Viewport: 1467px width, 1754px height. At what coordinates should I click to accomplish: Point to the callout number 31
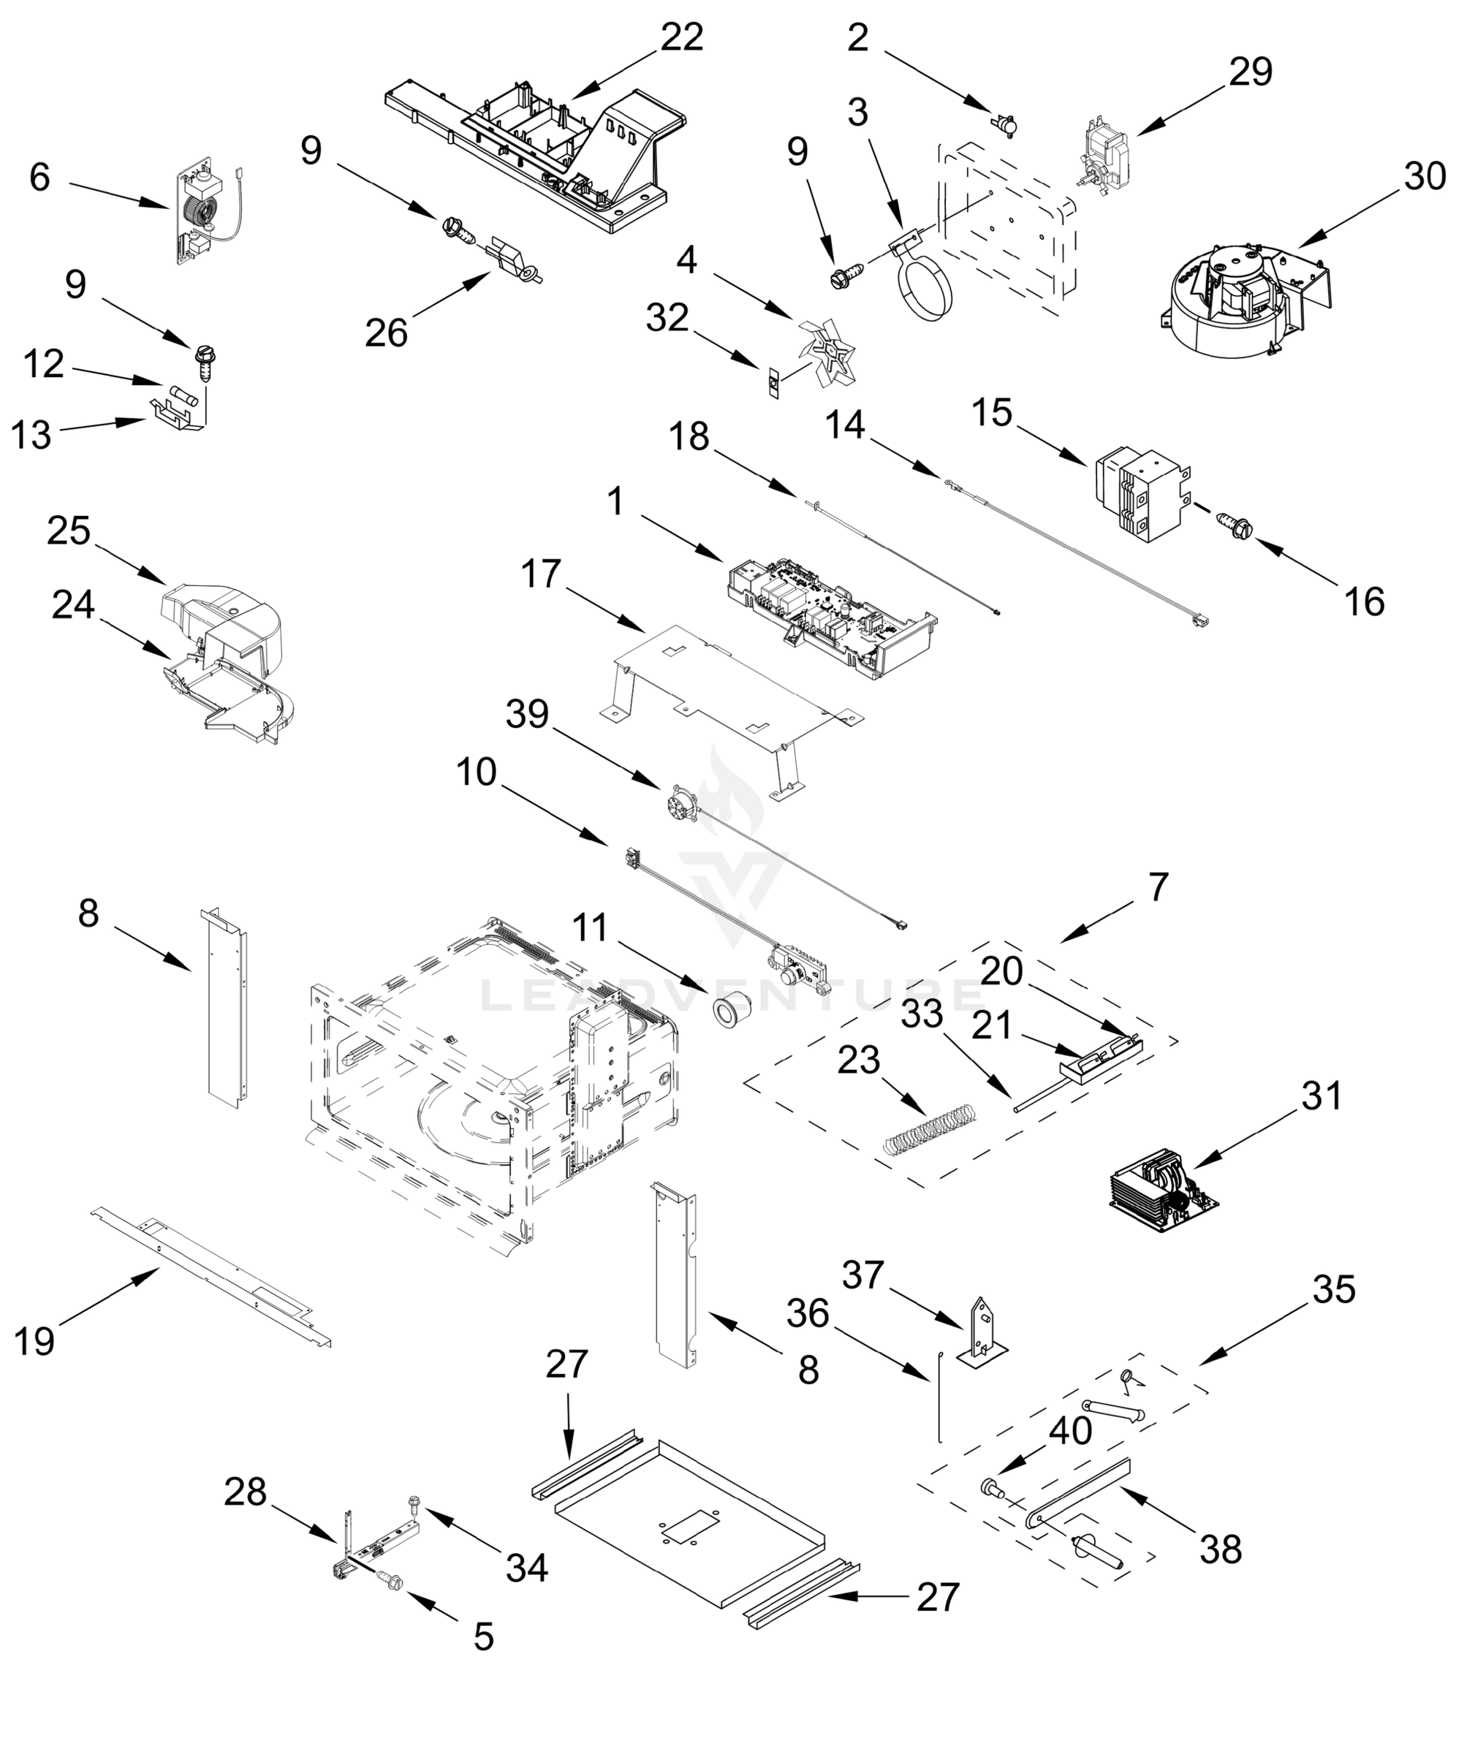tap(1321, 1096)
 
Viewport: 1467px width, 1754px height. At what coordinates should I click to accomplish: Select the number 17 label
tap(540, 574)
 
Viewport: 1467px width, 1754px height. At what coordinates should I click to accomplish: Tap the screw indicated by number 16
tap(1233, 525)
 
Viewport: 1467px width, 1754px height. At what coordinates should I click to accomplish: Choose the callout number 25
tap(69, 531)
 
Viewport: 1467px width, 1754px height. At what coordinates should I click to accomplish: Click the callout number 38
tap(1221, 1549)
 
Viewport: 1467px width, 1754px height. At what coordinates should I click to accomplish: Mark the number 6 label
tap(39, 178)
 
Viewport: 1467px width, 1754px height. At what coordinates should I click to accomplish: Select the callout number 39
tap(527, 714)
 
